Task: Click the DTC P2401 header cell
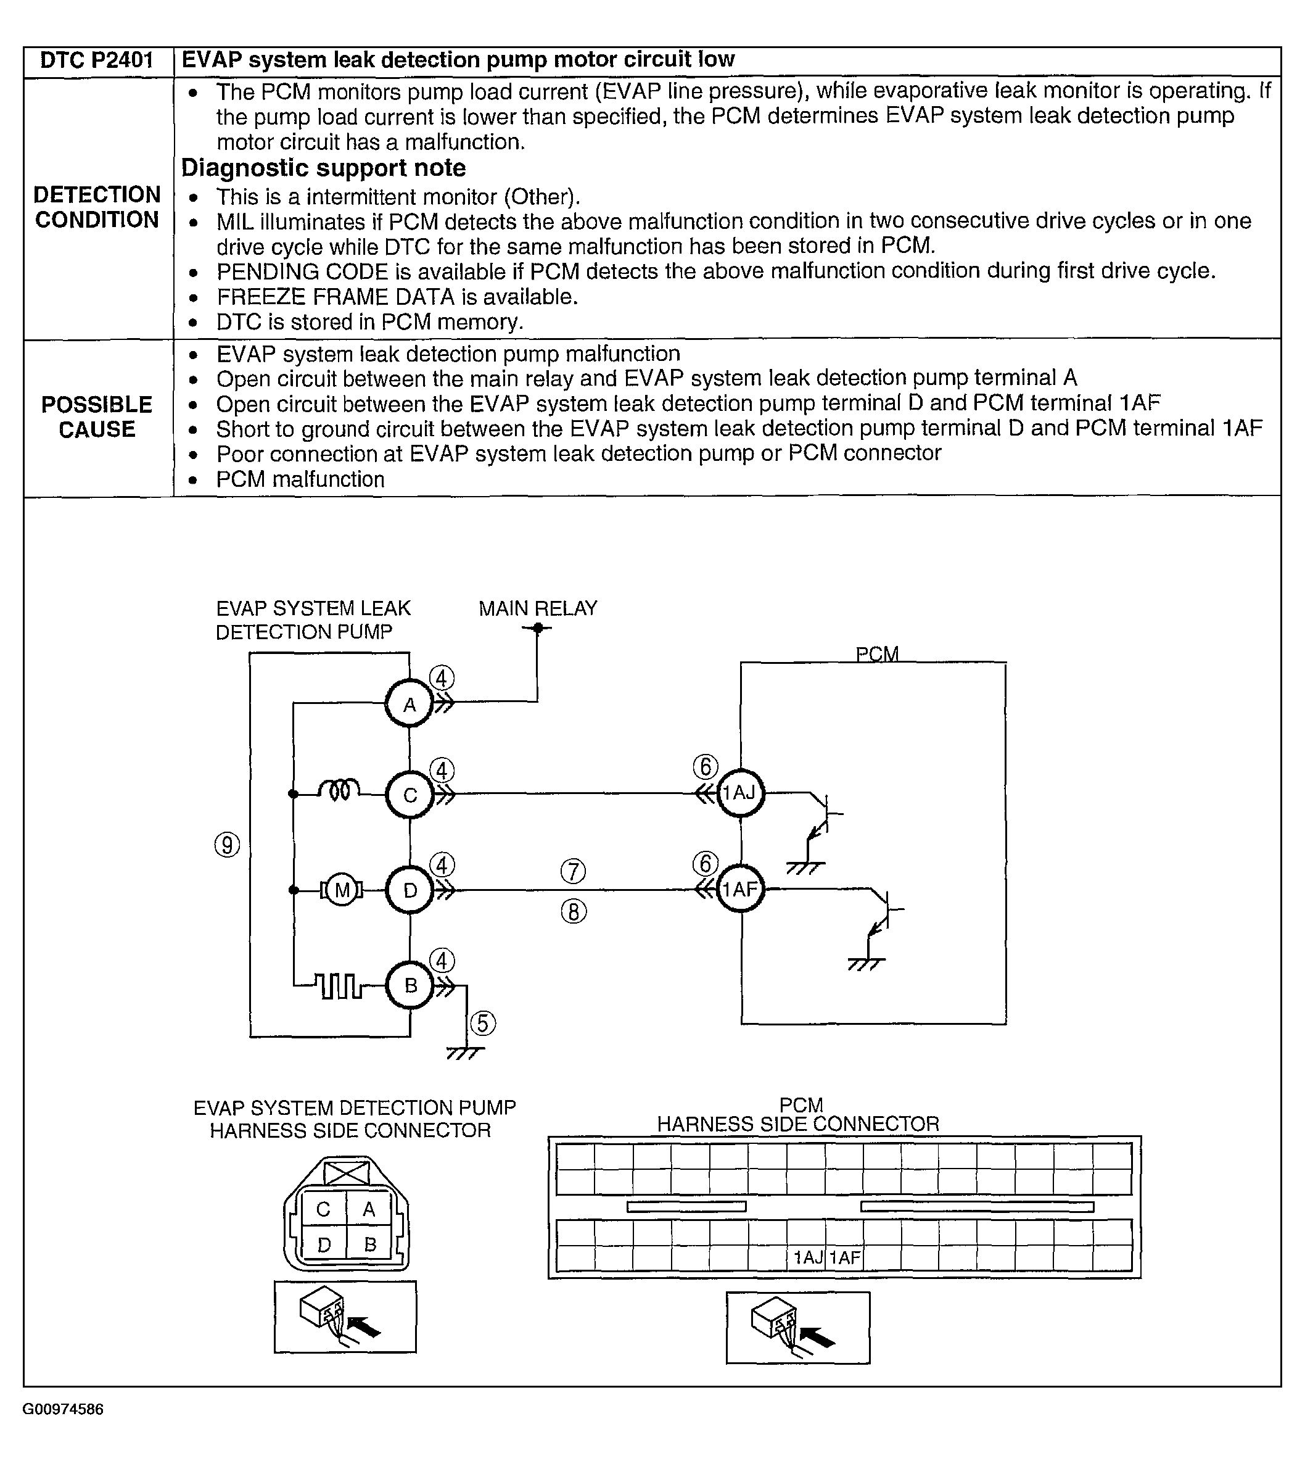pos(97,60)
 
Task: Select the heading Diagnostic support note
pos(323,168)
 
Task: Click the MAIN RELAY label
pos(538,609)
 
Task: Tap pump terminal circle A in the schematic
pos(410,705)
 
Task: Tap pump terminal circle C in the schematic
pos(410,795)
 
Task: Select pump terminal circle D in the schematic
pos(410,891)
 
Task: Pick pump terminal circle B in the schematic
pos(410,985)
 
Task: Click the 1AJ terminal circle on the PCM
pos(741,793)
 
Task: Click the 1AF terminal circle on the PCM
pos(741,889)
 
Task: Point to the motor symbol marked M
pos(342,891)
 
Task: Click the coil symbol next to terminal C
pos(339,791)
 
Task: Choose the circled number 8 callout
pos(573,912)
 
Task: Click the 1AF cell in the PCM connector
pos(845,1257)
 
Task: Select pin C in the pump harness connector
pos(323,1210)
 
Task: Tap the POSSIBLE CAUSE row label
pos(97,416)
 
